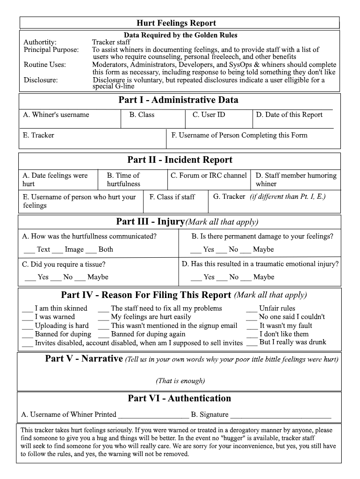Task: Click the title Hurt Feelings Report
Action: (x=176, y=23)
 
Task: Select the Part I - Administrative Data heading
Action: (x=178, y=100)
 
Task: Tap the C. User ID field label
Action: (x=209, y=115)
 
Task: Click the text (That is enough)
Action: (x=180, y=381)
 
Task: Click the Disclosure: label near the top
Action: (x=41, y=80)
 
